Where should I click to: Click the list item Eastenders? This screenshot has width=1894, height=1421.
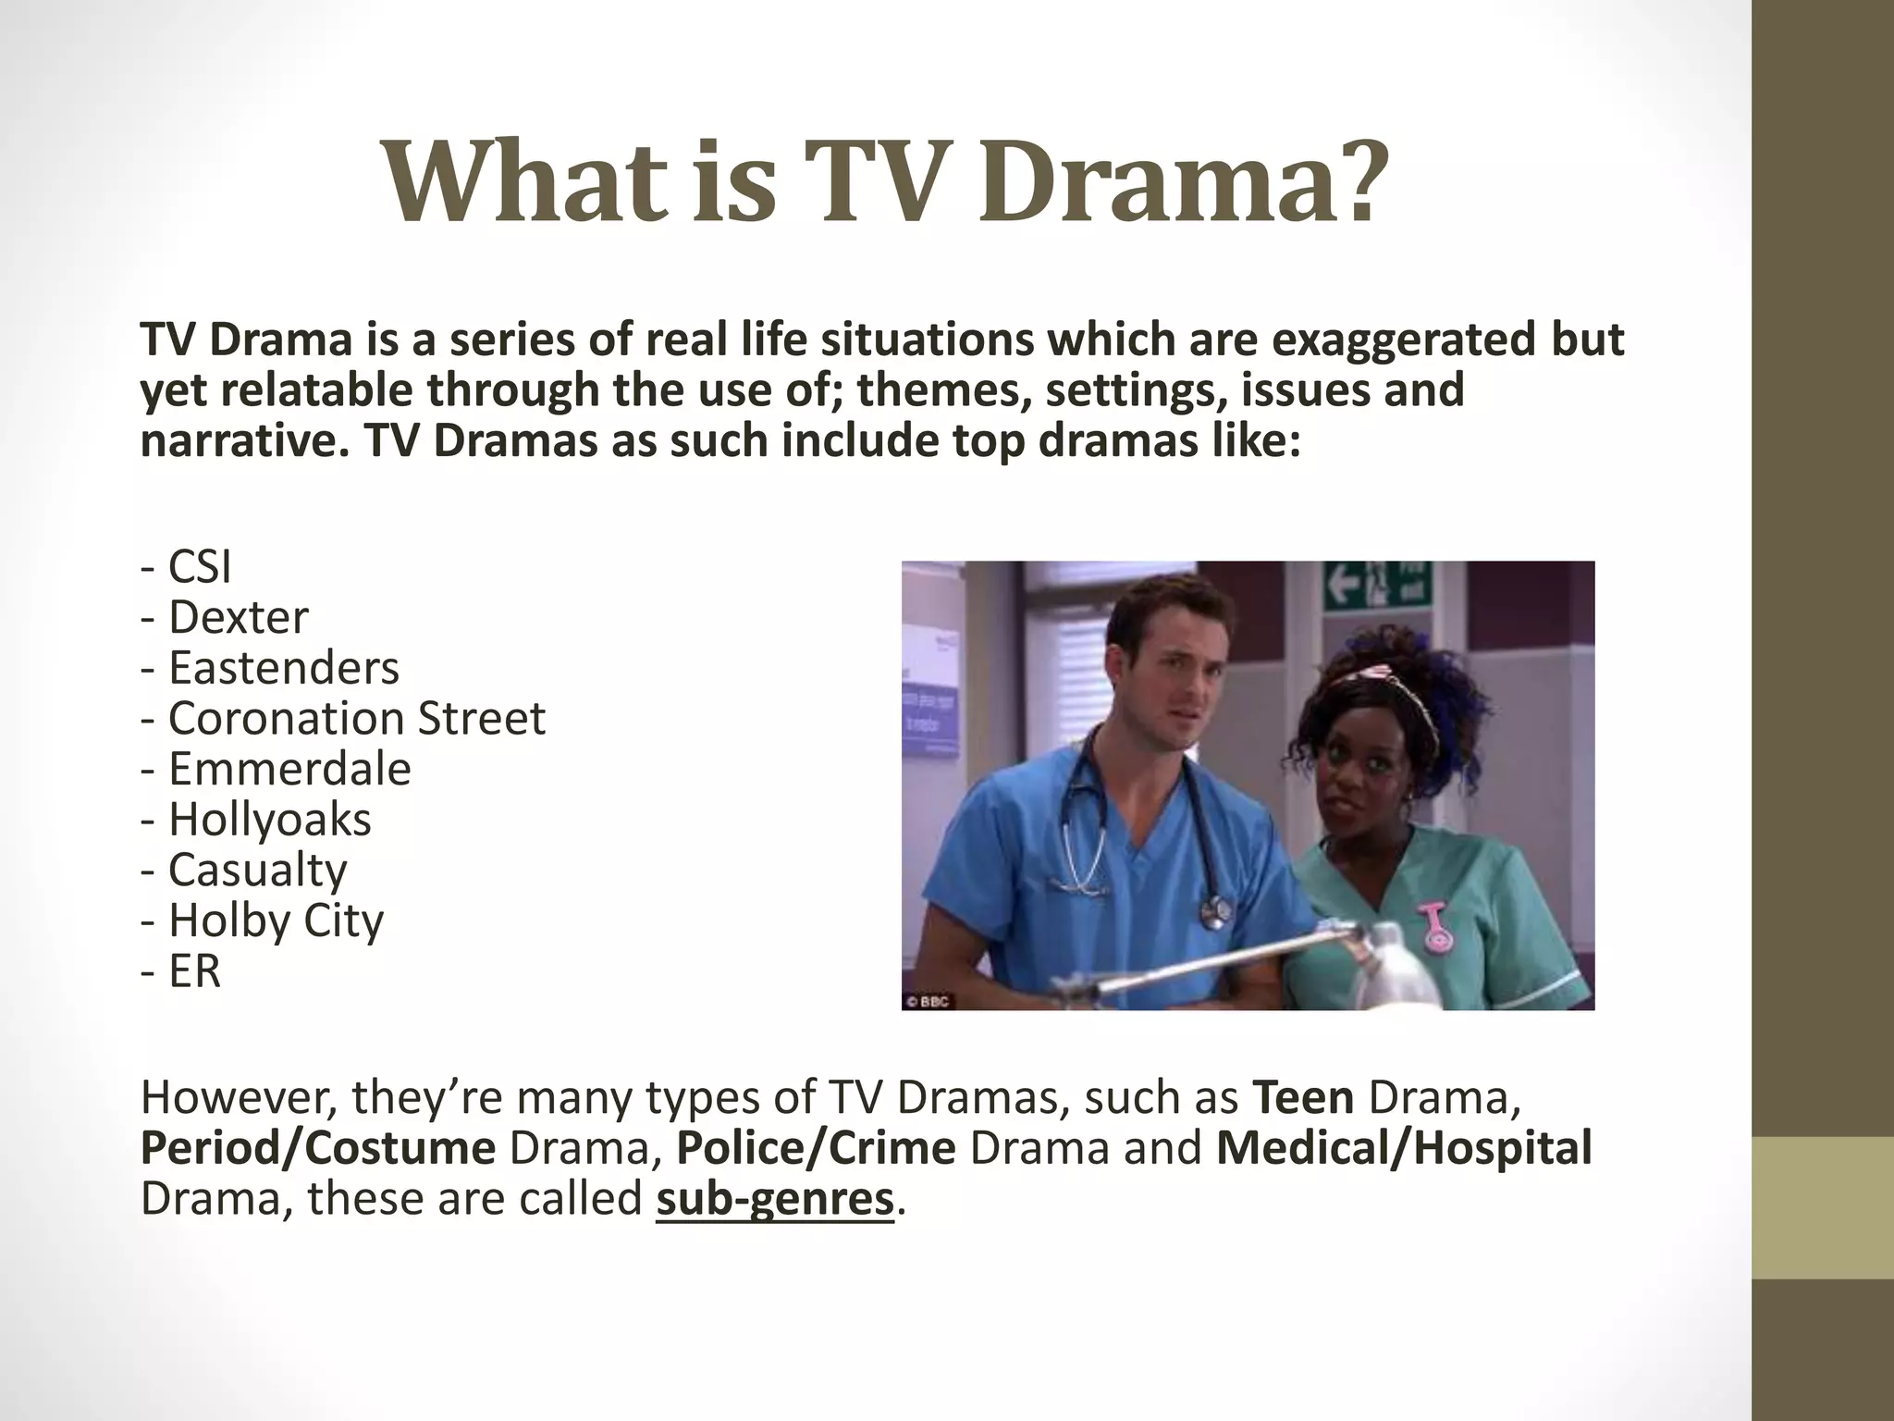[270, 667]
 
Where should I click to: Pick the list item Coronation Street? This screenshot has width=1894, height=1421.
[343, 718]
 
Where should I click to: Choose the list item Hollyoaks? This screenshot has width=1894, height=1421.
[256, 819]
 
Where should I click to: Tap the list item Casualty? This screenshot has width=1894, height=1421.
[244, 870]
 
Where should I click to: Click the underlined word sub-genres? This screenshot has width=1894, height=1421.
[775, 1198]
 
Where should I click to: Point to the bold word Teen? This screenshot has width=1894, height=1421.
[1303, 1097]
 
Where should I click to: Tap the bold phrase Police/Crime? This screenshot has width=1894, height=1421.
[816, 1148]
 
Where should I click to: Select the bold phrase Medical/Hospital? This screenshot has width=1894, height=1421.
[1404, 1148]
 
